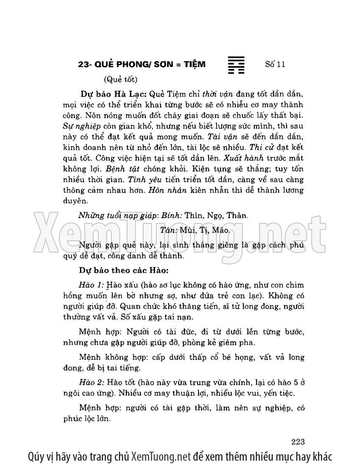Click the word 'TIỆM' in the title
pos(194,64)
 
